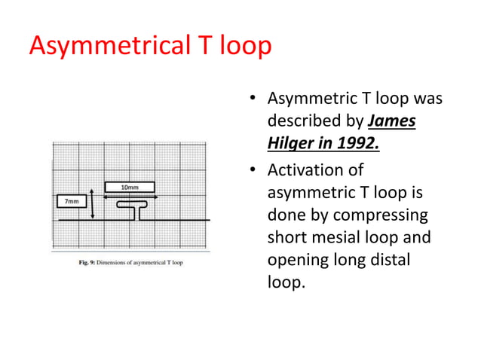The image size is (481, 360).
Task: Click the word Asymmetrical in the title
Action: point(109,47)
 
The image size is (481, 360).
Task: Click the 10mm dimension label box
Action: point(129,186)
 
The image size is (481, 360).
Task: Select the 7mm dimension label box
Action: point(71,201)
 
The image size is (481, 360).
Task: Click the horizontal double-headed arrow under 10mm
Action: point(129,197)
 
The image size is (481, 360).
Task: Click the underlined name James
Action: point(392,121)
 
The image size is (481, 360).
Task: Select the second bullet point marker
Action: point(255,171)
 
